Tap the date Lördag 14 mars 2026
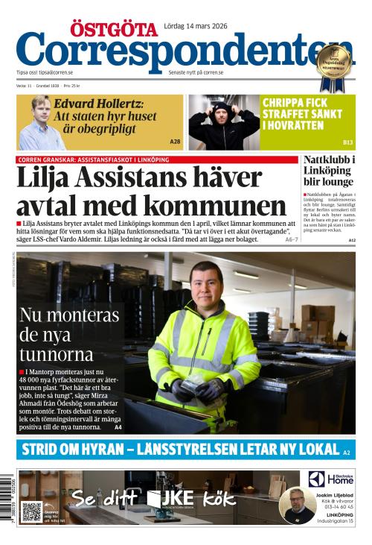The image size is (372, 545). coord(195,27)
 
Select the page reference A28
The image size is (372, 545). coord(175,141)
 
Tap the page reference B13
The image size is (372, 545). coord(347,142)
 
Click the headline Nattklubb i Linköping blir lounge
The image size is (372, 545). coord(329,175)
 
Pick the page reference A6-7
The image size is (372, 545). coord(291,239)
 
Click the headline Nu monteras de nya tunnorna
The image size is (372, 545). coord(68,333)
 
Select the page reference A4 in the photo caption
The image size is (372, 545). coord(118,427)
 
